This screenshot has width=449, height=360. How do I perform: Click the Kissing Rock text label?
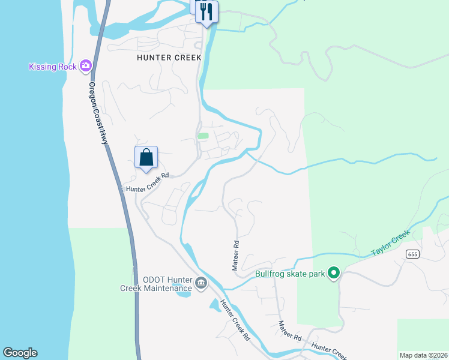pos(53,67)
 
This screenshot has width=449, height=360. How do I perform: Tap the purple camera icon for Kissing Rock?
pos(86,65)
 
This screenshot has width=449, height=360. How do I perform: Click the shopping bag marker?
pos(146,158)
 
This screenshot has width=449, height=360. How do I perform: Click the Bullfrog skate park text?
pos(289,274)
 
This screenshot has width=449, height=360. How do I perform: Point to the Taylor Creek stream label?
pos(390,242)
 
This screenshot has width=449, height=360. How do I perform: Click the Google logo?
pos(20,353)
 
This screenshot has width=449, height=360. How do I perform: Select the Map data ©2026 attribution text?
pos(423,355)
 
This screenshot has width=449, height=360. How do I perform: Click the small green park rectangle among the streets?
pos(203,136)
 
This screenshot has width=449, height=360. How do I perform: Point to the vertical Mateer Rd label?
pos(236,256)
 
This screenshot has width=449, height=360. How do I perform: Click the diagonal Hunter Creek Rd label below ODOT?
pos(235,320)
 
